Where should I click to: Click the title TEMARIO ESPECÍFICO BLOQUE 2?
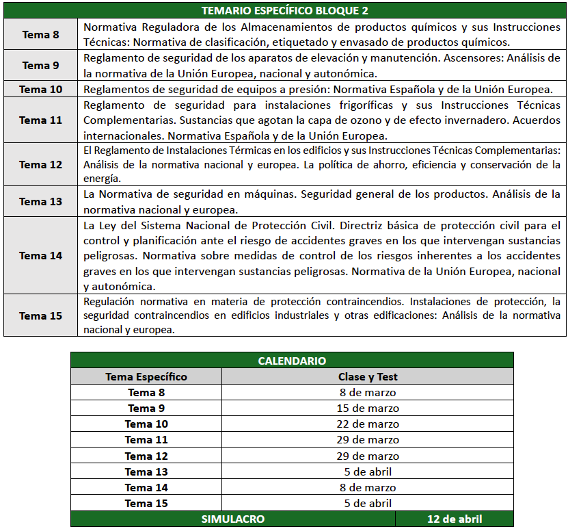[x=285, y=11]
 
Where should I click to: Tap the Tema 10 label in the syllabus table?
[x=40, y=90]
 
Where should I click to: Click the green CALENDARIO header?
[x=292, y=361]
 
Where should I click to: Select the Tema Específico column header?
[x=146, y=376]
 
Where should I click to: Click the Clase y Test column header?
[x=368, y=376]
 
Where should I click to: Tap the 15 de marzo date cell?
[x=368, y=409]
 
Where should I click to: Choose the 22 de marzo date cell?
[x=368, y=424]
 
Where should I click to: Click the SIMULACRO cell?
[x=232, y=519]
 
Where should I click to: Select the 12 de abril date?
[x=454, y=519]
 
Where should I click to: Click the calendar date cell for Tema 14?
[x=368, y=488]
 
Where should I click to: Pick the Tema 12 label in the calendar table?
[x=146, y=456]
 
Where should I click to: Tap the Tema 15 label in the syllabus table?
[x=40, y=315]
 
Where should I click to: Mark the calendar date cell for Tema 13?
[x=368, y=472]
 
